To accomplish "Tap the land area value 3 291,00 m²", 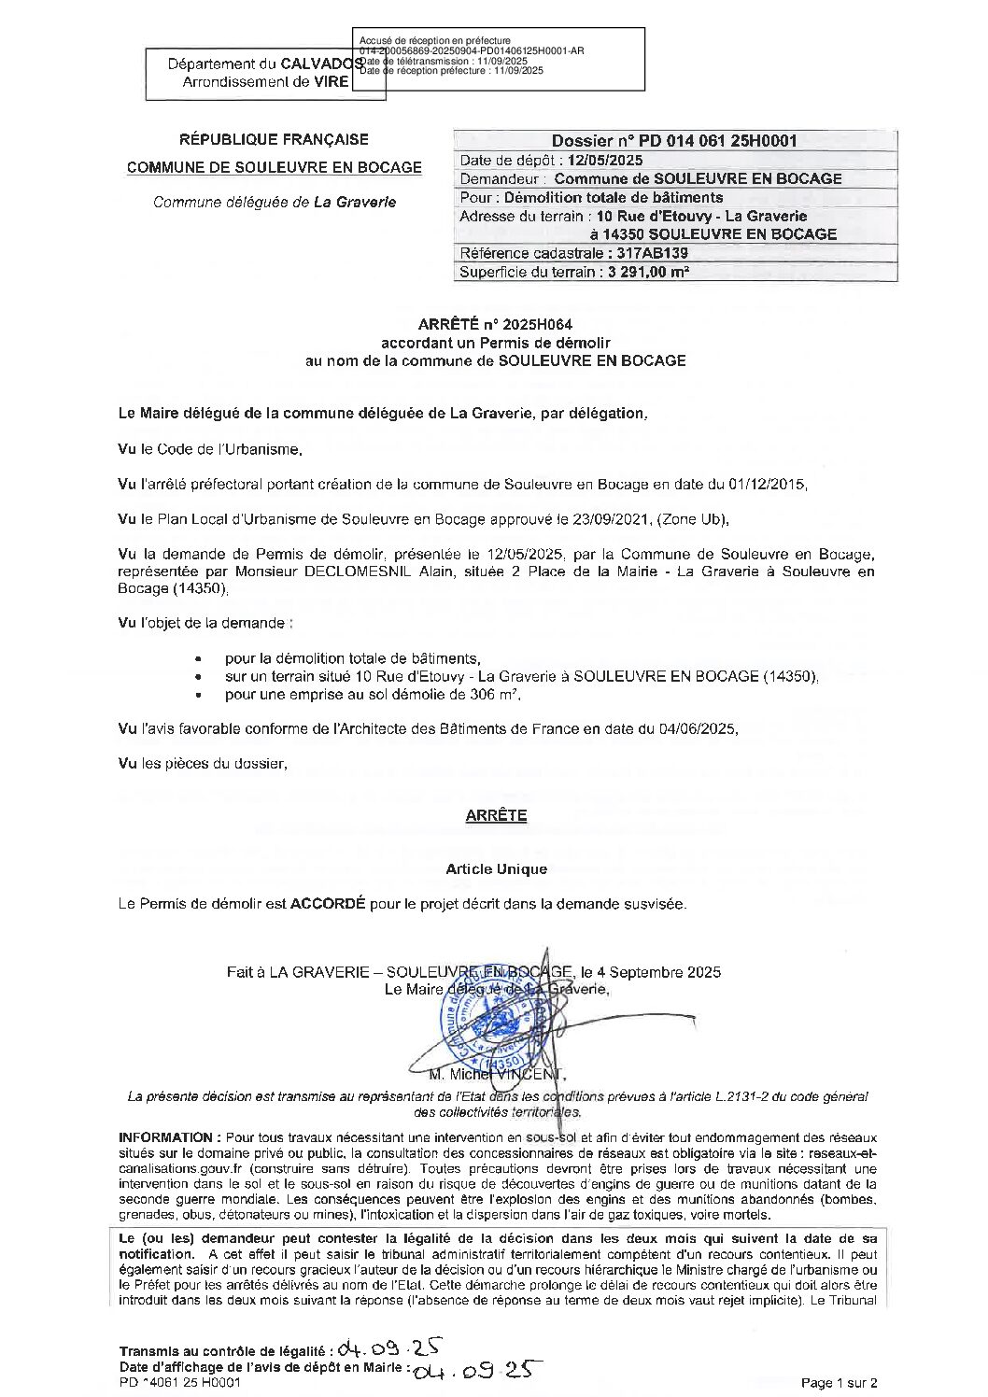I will tap(648, 273).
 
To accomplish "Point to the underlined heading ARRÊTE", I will tap(496, 815).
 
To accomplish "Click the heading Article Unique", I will tap(496, 869).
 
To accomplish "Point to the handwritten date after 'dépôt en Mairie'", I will tap(476, 1369).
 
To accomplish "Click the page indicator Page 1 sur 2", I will tap(839, 1383).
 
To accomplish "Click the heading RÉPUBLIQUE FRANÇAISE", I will tap(274, 140).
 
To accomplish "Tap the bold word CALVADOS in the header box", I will tap(322, 64).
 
